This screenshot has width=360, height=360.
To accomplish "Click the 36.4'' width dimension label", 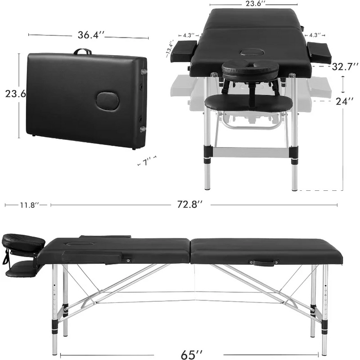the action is tap(91, 35).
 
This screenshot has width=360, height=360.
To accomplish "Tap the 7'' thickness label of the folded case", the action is tap(147, 162).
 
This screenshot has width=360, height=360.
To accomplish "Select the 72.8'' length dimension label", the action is tap(190, 204).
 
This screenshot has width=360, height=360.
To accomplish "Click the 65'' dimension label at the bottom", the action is tap(192, 354).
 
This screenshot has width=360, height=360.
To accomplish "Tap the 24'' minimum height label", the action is tap(345, 101).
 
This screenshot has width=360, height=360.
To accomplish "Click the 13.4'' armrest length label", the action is tap(170, 49).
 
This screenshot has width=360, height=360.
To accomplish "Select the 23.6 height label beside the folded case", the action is tap(15, 94).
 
